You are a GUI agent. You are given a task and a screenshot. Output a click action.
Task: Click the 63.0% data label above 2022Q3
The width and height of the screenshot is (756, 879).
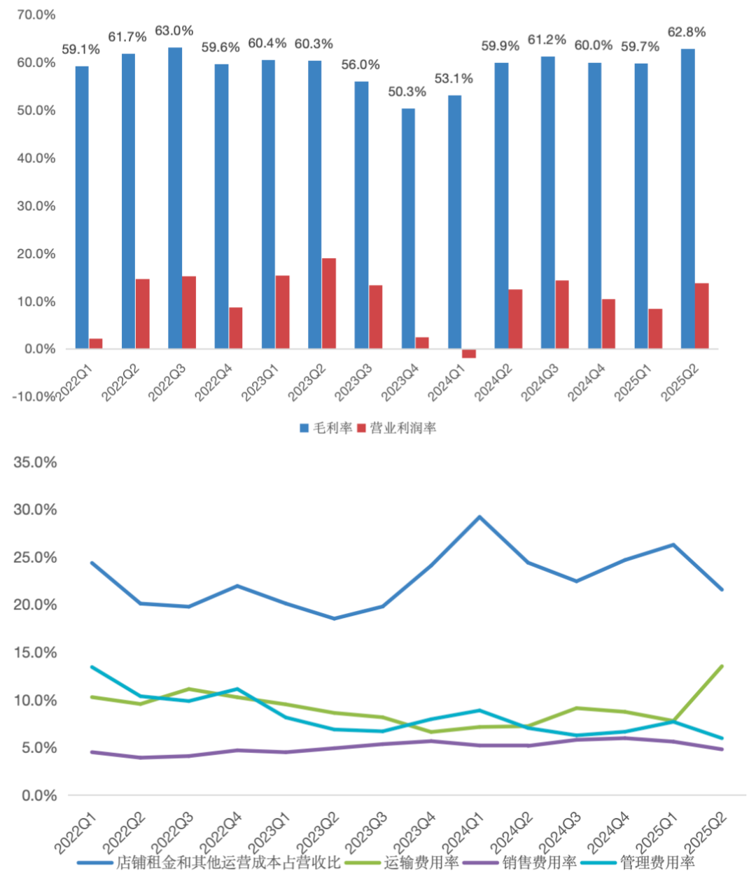click(x=174, y=31)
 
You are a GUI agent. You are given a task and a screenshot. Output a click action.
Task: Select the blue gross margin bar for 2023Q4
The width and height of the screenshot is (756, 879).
click(x=407, y=228)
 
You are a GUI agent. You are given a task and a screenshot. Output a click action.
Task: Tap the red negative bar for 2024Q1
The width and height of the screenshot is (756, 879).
click(x=469, y=353)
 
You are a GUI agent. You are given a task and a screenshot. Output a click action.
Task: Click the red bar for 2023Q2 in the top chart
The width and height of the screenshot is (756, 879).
click(x=328, y=303)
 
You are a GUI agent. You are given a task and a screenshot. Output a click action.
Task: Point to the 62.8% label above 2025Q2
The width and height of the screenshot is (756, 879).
click(x=687, y=32)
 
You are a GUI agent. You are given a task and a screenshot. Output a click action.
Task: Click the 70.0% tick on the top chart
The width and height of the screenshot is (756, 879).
click(x=36, y=15)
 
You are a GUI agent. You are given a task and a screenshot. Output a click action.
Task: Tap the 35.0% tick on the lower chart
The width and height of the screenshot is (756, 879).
click(x=35, y=463)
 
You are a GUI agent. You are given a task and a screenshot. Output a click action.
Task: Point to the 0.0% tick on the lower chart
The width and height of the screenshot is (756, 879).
click(x=39, y=796)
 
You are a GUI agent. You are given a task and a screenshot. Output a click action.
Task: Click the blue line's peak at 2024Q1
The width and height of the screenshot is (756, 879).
click(x=479, y=517)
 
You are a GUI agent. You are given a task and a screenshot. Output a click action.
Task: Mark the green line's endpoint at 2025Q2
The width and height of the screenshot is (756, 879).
click(x=722, y=666)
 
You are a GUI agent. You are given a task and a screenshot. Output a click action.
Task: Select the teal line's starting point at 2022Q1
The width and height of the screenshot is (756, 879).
click(x=92, y=667)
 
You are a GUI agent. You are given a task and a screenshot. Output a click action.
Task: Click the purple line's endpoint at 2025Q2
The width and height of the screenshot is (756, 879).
click(x=722, y=750)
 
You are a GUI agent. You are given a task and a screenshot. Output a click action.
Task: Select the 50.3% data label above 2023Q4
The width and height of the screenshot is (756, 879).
click(x=407, y=92)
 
